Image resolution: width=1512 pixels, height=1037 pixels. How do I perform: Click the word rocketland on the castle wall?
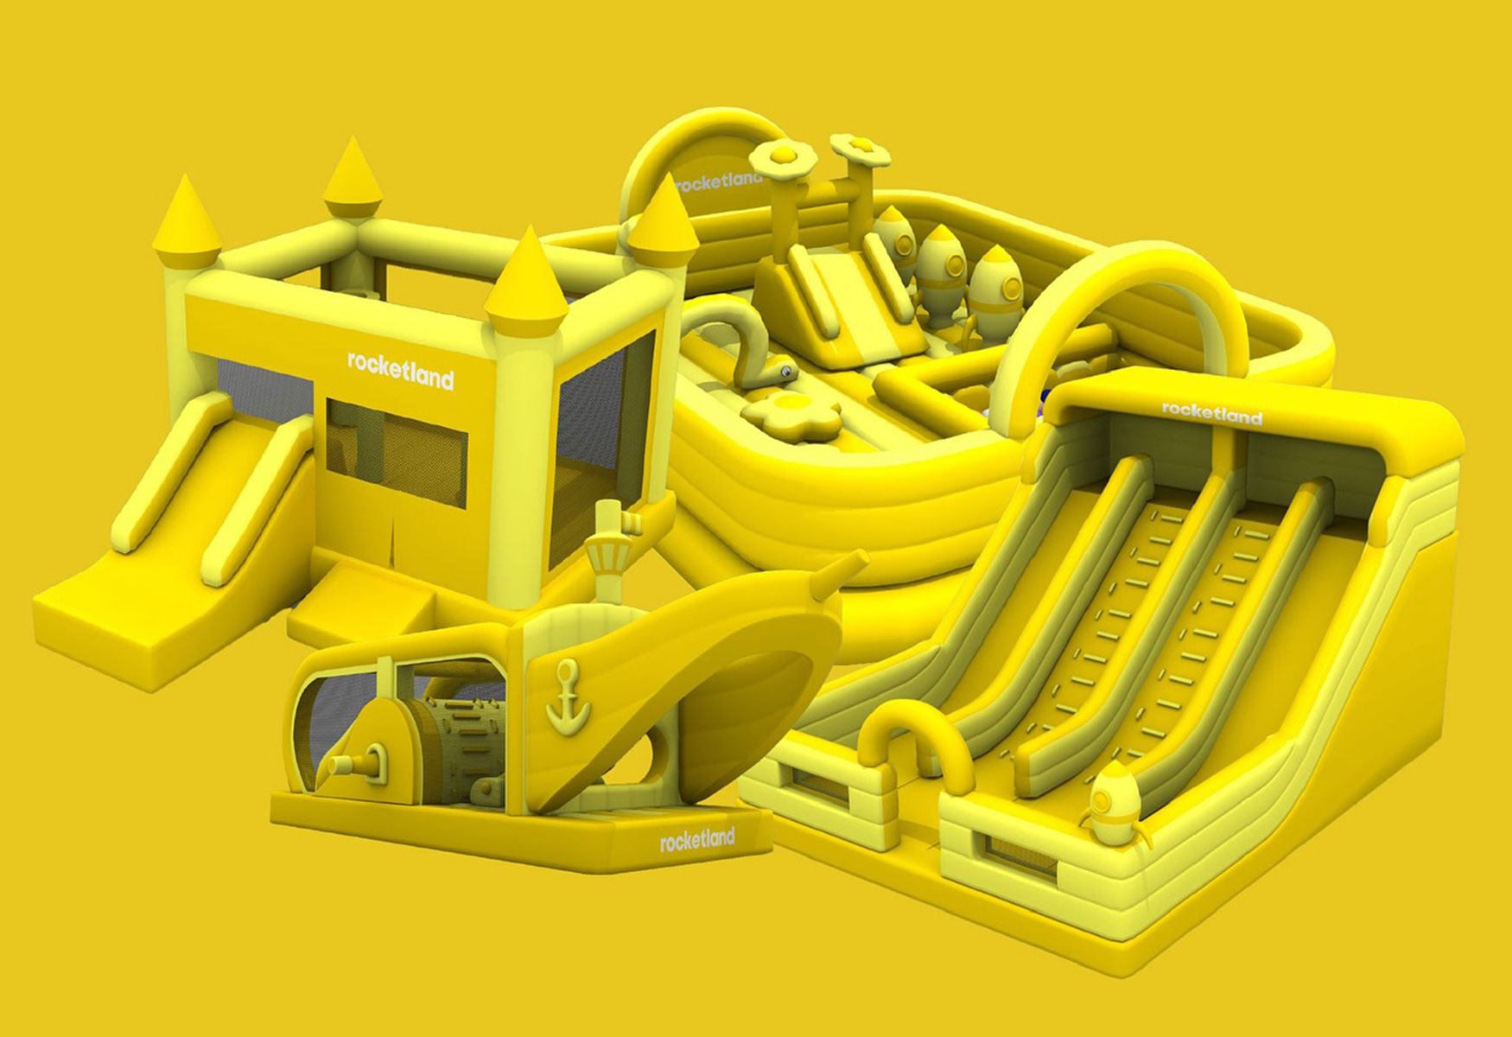tap(400, 370)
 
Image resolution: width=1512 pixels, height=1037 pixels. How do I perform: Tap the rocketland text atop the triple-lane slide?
tap(1211, 412)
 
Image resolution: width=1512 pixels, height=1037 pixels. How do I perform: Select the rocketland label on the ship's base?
tap(697, 838)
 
